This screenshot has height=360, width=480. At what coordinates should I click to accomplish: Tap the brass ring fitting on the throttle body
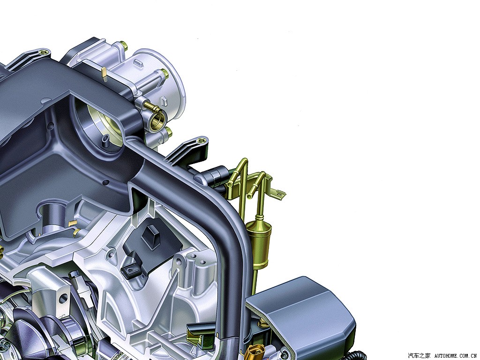pyautogui.click(x=158, y=120)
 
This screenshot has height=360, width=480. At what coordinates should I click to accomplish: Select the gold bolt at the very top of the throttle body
pyautogui.click(x=124, y=45)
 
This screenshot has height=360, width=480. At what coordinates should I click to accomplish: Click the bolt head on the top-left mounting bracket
pyautogui.click(x=43, y=52)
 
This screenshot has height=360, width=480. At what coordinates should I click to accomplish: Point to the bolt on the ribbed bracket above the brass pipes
pyautogui.click(x=201, y=141)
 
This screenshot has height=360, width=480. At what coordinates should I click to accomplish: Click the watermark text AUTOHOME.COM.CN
pyautogui.click(x=456, y=355)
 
